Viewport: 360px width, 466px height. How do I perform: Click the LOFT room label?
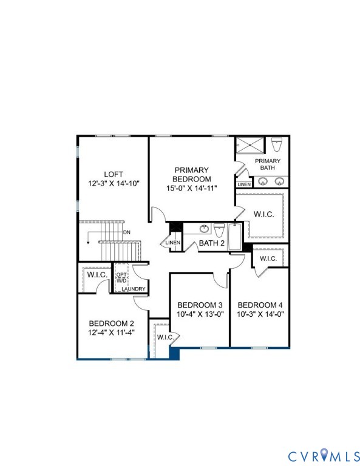click(113, 173)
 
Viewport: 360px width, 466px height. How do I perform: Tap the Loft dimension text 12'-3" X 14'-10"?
click(113, 183)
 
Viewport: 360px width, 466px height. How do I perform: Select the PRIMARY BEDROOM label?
click(192, 174)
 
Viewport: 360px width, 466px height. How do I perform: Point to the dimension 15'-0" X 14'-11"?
click(192, 189)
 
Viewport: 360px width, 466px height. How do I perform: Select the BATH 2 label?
click(212, 243)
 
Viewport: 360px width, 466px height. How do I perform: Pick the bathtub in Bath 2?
click(235, 233)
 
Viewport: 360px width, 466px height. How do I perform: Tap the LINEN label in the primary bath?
click(244, 184)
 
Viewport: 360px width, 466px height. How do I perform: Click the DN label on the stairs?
click(126, 232)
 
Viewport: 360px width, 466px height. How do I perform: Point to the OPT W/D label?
click(121, 277)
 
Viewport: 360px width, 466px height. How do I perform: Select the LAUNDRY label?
click(133, 289)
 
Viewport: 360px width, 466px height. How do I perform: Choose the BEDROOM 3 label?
click(200, 305)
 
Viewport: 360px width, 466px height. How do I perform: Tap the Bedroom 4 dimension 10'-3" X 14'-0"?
click(260, 314)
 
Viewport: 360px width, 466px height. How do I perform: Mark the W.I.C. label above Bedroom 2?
click(97, 275)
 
